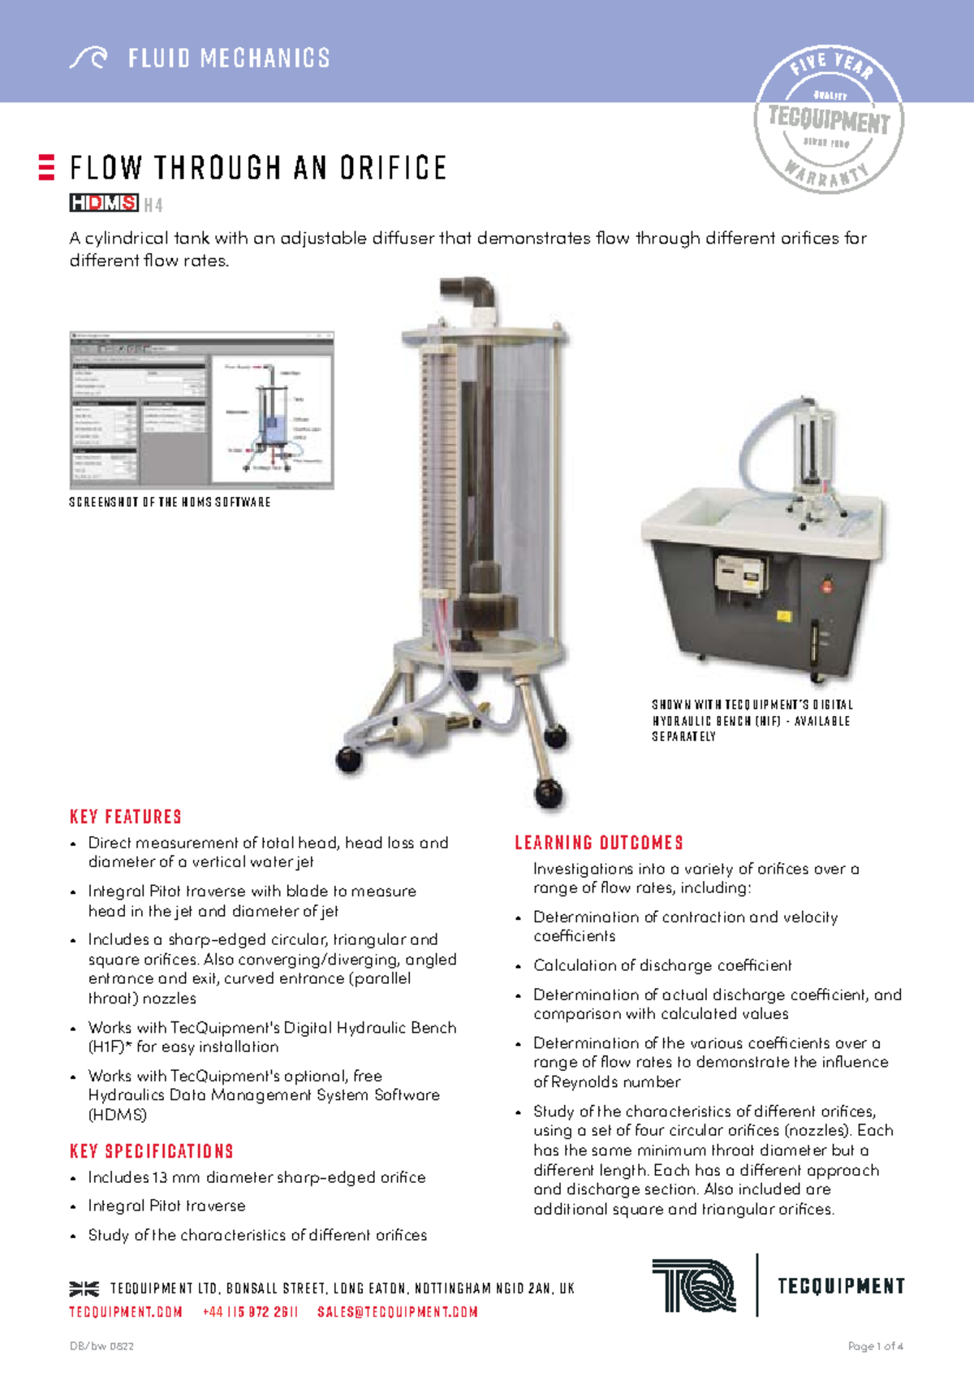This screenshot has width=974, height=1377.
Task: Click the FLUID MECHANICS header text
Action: pos(229,58)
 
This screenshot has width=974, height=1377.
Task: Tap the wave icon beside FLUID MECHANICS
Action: pos(88,58)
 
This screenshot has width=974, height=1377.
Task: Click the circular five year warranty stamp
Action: pos(829,119)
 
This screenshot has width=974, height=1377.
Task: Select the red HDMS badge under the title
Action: pos(104,203)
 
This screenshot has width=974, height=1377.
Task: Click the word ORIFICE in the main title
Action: pos(393,168)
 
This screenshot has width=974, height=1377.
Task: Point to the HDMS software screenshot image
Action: pos(202,410)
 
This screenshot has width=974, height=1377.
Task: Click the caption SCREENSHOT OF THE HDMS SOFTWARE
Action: pos(170,503)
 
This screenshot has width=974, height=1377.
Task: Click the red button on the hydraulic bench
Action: pos(827,582)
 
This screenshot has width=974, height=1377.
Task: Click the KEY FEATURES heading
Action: pos(126,817)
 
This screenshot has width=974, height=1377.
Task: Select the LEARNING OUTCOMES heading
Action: pos(599,843)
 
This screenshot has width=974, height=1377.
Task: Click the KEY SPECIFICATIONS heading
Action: pos(152,1151)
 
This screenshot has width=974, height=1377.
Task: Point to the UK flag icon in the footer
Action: pos(84,1289)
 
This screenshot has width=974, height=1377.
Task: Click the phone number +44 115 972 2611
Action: pos(251,1312)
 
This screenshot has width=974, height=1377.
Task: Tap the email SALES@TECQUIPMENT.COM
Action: pos(398,1312)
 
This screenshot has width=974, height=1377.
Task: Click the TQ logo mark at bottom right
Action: pos(695,1285)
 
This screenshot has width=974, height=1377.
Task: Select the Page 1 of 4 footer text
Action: pos(875,1346)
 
